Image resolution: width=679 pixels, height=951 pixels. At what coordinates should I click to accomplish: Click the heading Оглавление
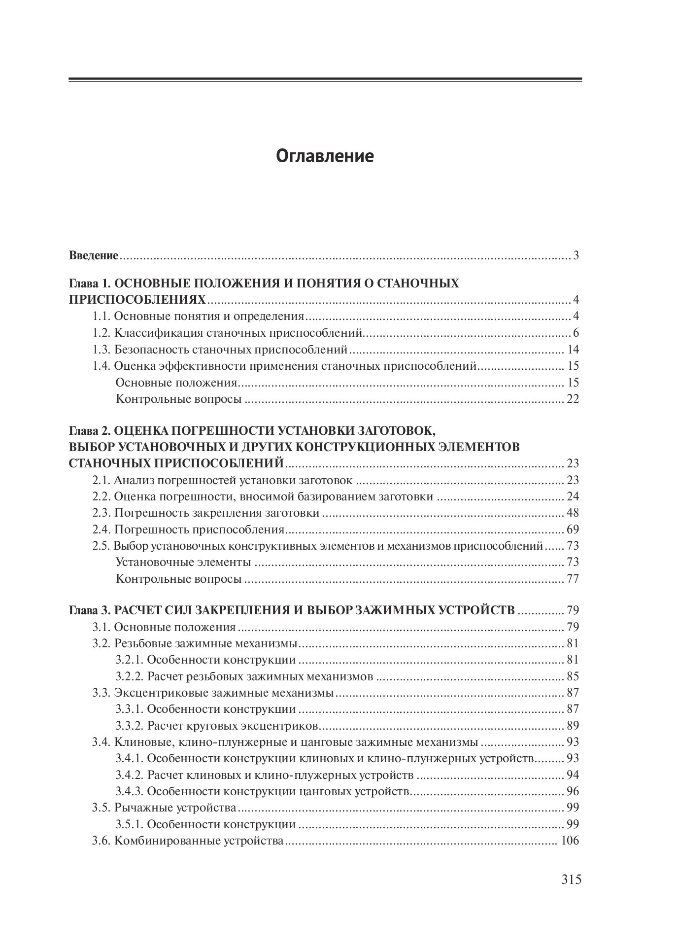coord(325,156)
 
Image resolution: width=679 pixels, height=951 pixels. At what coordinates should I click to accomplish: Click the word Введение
coord(94,256)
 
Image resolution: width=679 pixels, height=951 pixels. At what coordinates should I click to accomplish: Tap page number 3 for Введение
coord(576,256)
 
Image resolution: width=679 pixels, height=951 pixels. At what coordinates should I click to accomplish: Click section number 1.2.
coord(102,333)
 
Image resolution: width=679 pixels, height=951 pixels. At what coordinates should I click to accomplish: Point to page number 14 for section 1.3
coord(573,350)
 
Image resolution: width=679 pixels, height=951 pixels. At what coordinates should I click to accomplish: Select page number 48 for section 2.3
coord(573,513)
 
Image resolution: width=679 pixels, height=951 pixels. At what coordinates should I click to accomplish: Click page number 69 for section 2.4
coord(573,530)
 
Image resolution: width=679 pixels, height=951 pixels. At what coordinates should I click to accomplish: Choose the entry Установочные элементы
coord(183,563)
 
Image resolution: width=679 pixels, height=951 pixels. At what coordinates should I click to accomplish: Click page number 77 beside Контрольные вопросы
coord(573,579)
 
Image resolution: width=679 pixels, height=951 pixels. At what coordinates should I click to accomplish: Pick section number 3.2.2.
coord(129,676)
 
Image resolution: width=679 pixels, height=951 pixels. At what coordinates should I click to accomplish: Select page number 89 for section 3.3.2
coord(573,726)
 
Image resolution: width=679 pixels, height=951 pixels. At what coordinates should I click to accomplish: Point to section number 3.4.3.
coord(129,791)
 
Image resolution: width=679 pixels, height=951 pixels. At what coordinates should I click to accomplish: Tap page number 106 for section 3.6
coord(570,841)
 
